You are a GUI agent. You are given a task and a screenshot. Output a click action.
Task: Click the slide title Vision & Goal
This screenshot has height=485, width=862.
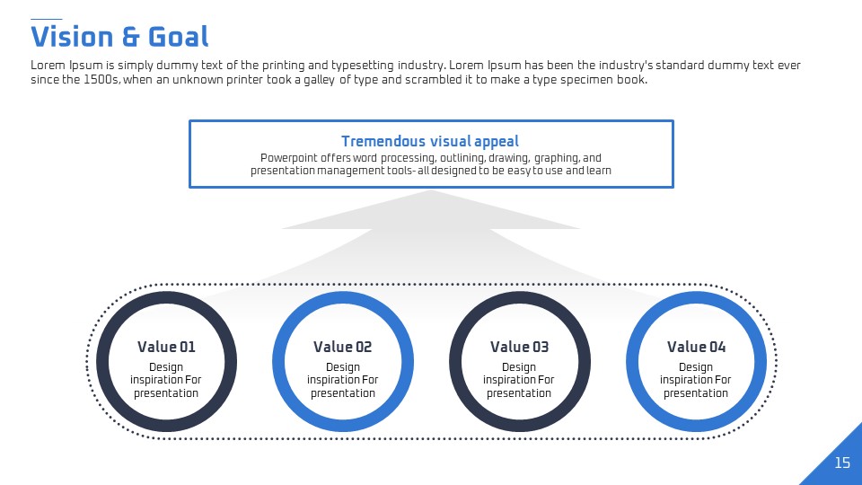click(x=119, y=37)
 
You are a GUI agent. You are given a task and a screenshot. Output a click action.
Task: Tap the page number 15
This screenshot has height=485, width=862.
click(x=842, y=463)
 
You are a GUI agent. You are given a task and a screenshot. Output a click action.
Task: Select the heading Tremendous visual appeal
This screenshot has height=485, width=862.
click(x=430, y=142)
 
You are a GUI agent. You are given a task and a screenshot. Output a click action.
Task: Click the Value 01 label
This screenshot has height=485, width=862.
click(x=166, y=347)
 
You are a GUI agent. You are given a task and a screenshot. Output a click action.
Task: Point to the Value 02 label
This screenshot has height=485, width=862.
click(x=342, y=347)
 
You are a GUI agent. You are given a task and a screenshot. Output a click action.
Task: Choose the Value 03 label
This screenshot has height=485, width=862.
click(x=520, y=347)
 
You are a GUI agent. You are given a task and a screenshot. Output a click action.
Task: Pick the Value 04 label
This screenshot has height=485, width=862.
click(x=697, y=347)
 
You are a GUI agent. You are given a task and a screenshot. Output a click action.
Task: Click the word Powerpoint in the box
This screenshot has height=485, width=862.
click(x=288, y=158)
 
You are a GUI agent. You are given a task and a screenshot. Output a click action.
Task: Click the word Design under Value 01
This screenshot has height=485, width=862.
click(x=166, y=367)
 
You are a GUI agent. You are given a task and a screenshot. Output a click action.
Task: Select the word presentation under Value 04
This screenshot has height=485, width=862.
click(x=695, y=393)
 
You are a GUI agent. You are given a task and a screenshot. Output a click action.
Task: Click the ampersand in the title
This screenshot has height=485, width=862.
click(x=130, y=38)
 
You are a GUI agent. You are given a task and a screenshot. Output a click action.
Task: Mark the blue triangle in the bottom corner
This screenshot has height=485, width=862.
click(x=839, y=462)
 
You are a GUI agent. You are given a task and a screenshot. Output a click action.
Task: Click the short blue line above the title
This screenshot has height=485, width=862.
click(x=46, y=19)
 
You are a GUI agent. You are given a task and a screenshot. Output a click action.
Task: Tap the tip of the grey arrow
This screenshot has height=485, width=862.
click(x=430, y=190)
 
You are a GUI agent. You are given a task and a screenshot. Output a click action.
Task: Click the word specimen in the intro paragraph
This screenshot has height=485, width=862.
click(x=586, y=80)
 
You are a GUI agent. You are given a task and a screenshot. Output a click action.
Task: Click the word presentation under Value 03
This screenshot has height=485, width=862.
click(x=518, y=393)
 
